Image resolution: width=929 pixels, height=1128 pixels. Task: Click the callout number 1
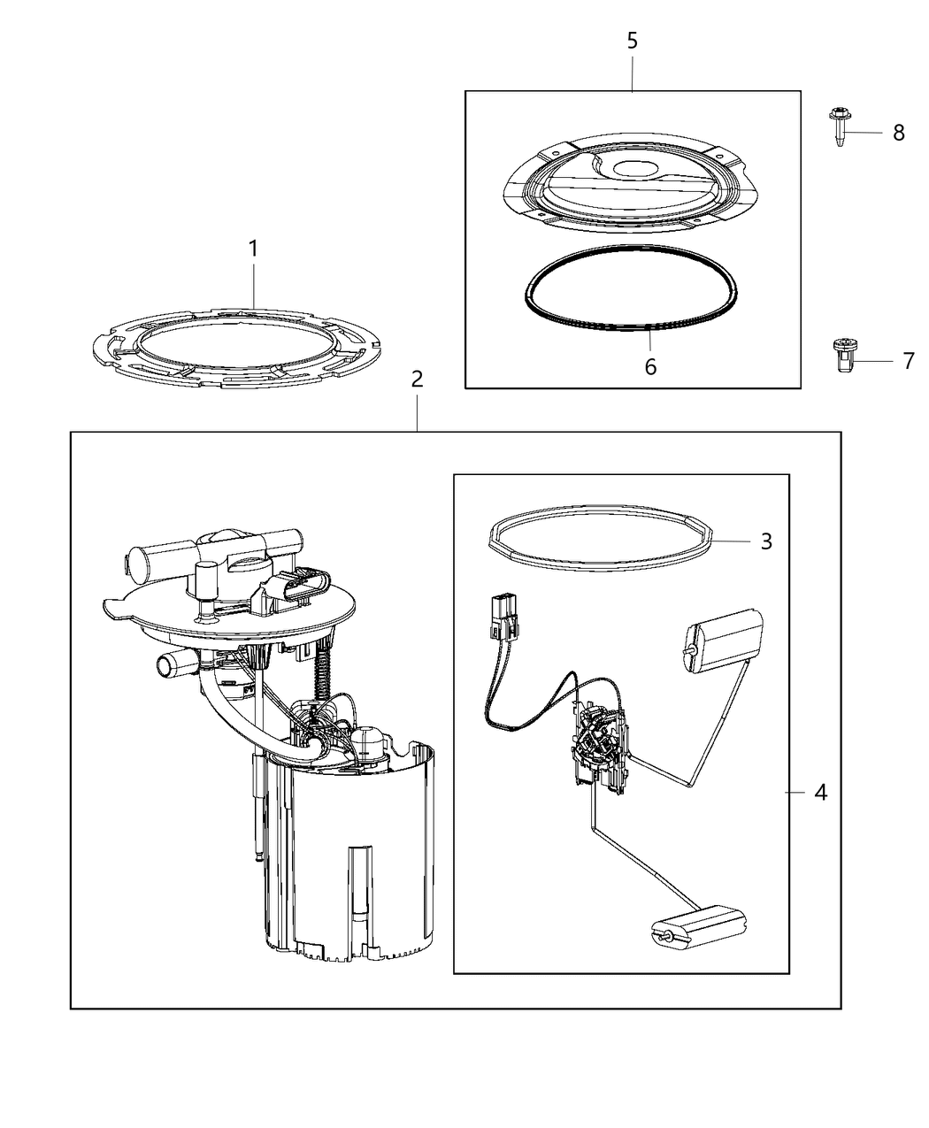coord(253,249)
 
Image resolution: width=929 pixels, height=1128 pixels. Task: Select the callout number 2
coord(417,380)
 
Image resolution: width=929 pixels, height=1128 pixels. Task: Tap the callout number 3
coord(766,541)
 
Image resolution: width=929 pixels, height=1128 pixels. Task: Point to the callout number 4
coord(820,793)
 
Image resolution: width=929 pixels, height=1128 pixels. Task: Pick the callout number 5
coord(632,41)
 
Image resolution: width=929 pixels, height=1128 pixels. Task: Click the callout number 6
coord(650,366)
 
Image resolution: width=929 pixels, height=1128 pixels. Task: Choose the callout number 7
coord(907,361)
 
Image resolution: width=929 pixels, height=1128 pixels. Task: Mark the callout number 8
coord(898,133)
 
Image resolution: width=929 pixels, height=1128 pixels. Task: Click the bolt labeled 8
coord(839,127)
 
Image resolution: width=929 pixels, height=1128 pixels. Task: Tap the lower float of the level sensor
coord(699,925)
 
